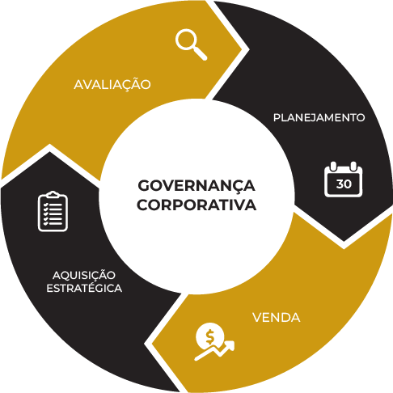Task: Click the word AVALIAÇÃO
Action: [x=112, y=85]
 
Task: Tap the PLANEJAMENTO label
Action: [x=319, y=118]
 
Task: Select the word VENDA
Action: [x=277, y=318]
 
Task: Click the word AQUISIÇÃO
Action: [x=84, y=276]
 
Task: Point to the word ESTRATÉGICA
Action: [x=84, y=288]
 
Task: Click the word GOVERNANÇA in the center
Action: [x=196, y=187]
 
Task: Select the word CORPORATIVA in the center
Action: [x=196, y=205]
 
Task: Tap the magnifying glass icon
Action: [x=191, y=44]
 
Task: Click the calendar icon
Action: [x=343, y=179]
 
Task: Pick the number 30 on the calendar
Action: [x=344, y=184]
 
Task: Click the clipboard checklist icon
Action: [x=53, y=211]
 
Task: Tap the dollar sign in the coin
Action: [x=209, y=336]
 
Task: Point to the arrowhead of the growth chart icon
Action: [x=230, y=344]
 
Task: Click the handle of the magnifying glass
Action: [x=201, y=54]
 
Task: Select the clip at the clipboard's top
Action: [x=53, y=195]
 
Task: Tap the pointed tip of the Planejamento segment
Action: [x=344, y=241]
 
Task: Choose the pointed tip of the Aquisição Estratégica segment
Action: [x=49, y=153]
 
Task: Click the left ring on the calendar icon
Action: [x=333, y=166]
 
